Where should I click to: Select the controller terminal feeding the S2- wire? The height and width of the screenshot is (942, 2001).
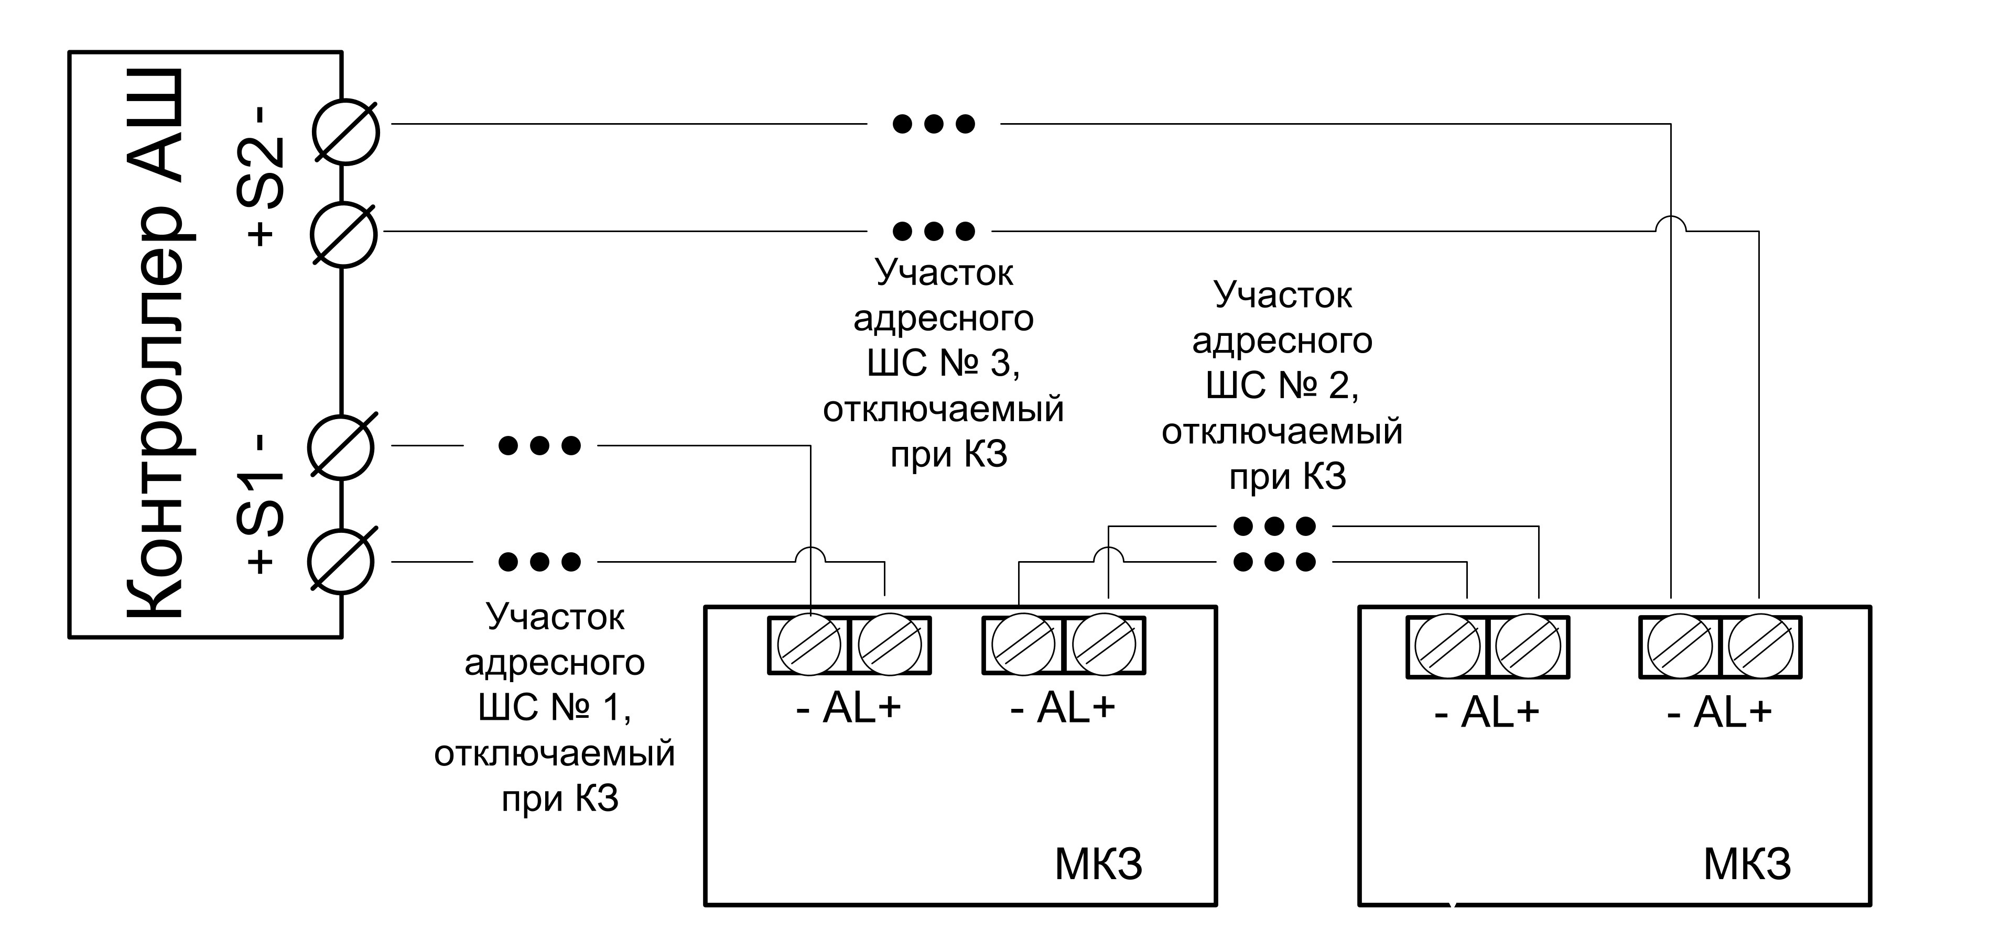coord(345,132)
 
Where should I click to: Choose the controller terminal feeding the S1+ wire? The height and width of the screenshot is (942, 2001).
coord(341,562)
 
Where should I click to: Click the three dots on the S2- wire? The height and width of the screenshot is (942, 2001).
coord(933,124)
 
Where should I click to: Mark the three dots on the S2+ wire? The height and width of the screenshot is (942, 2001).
coord(933,231)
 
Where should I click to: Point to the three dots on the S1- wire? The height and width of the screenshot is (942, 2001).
coord(539,446)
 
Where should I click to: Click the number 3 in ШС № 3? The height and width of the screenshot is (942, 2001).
coord(1002,364)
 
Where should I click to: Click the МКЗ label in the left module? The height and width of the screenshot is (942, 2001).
coord(1098,864)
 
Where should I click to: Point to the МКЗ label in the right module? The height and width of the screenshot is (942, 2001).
coord(1748,864)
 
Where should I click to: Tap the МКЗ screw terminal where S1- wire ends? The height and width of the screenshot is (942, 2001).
coord(809,644)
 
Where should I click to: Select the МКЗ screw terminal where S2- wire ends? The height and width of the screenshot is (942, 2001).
coord(1680,646)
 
